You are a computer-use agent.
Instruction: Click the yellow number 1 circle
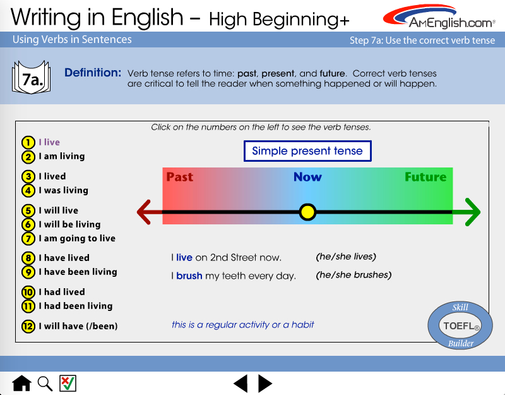click(28, 142)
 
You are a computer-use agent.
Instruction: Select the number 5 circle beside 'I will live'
click(28, 210)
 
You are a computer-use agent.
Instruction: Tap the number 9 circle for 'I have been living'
click(28, 272)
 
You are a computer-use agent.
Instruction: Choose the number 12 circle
click(28, 326)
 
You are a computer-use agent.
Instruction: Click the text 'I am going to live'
click(77, 239)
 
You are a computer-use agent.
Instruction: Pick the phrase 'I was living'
click(64, 191)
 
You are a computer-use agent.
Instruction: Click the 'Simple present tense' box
click(307, 151)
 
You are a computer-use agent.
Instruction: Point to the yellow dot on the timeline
click(307, 212)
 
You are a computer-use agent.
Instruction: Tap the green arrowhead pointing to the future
click(473, 212)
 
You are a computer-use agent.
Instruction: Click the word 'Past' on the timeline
click(180, 177)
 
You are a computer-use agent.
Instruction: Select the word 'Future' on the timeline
click(425, 177)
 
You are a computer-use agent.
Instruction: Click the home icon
click(22, 384)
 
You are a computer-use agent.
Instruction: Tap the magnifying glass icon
click(45, 384)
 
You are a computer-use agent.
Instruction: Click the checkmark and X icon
click(68, 384)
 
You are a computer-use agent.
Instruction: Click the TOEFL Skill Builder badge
click(460, 325)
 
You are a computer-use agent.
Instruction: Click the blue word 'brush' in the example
click(189, 276)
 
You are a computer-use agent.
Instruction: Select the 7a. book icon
click(31, 77)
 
